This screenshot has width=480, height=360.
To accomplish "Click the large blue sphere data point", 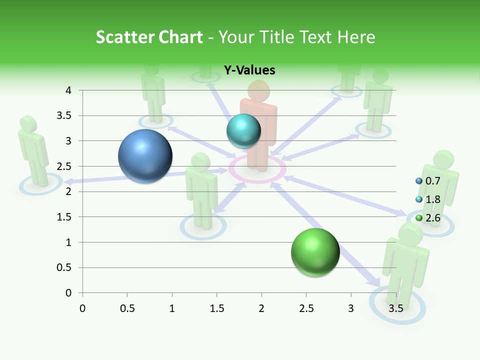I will click(145, 156).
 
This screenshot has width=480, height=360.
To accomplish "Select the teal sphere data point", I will click(243, 131).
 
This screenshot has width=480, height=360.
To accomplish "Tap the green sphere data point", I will click(315, 252).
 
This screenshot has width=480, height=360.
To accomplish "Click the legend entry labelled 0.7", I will click(432, 181).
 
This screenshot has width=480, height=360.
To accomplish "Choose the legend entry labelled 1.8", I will click(432, 199).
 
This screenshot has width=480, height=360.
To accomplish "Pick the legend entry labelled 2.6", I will click(432, 217).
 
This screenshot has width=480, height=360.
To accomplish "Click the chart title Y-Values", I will click(249, 70).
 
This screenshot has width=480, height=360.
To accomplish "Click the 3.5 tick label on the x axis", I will click(395, 308).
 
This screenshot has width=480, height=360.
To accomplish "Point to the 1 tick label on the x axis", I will click(172, 308).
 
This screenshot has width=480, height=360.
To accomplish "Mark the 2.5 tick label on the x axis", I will click(306, 308).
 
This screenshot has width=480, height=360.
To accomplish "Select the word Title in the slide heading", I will click(279, 37).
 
